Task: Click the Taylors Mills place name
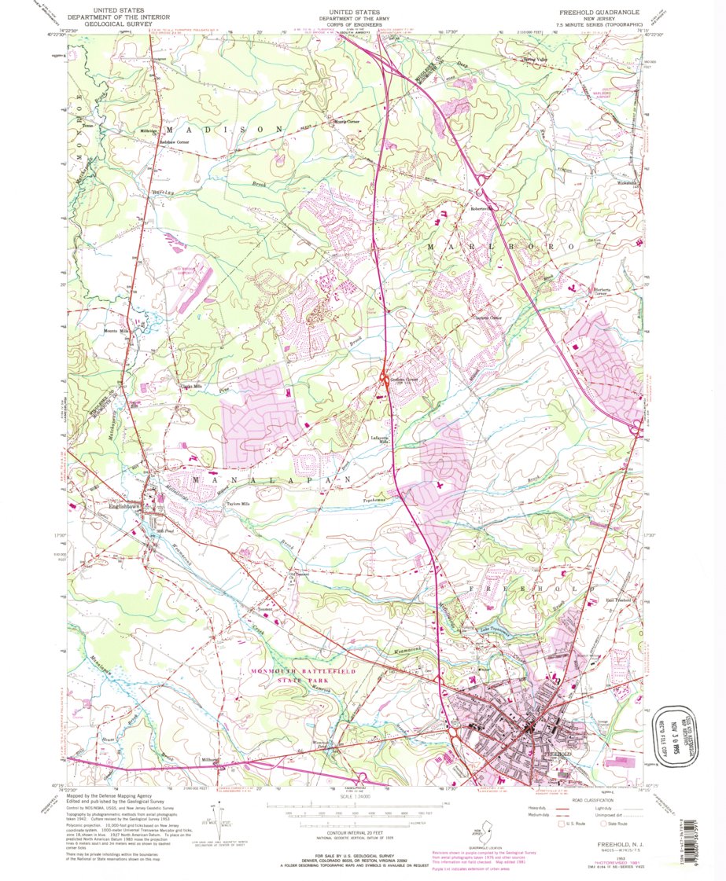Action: [x=238, y=504]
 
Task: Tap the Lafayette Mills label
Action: [x=380, y=440]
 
